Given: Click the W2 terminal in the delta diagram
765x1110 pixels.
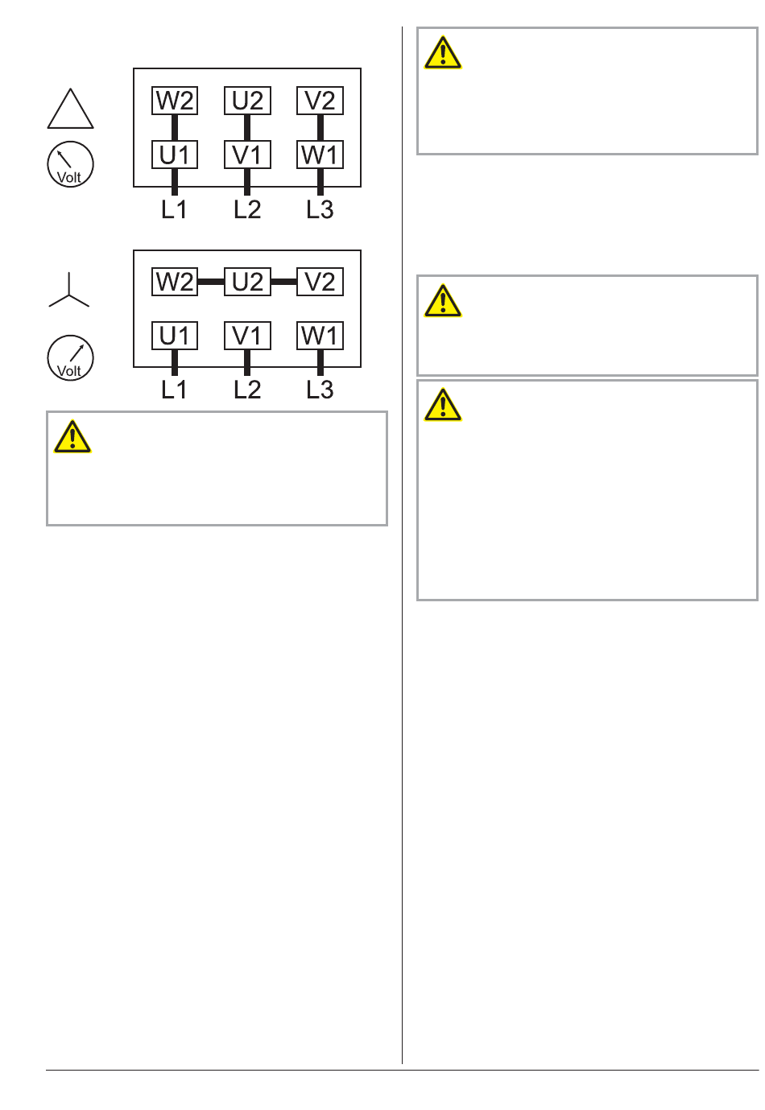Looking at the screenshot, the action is click(x=175, y=101).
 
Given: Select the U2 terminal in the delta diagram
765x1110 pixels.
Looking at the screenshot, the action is click(x=247, y=101).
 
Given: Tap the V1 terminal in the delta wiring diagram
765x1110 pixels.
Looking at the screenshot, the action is click(x=247, y=155).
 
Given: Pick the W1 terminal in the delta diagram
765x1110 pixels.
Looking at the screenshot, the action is click(x=320, y=155).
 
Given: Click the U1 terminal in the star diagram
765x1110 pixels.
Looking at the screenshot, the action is click(x=175, y=336).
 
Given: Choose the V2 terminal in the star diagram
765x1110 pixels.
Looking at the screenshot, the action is click(x=320, y=282).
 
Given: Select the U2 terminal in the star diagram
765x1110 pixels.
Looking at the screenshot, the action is click(x=247, y=282).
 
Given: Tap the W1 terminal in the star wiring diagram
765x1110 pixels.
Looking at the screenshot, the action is click(x=320, y=336).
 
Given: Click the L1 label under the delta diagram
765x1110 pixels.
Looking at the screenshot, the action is click(x=174, y=209).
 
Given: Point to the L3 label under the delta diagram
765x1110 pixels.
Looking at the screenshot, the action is click(x=320, y=209).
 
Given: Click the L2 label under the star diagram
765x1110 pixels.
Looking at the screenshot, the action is click(x=247, y=390).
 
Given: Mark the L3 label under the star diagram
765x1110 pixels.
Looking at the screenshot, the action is click(x=320, y=390).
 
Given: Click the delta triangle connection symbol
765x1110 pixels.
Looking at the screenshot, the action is click(x=70, y=127).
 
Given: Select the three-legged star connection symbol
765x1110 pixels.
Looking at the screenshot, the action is click(x=69, y=295).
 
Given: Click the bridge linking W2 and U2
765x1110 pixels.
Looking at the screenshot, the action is click(x=211, y=282).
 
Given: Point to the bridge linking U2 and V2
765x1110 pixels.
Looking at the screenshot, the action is click(x=283, y=282).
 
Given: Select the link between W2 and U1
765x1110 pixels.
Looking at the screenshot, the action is click(x=175, y=128).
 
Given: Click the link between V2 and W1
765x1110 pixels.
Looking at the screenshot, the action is click(x=320, y=128).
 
